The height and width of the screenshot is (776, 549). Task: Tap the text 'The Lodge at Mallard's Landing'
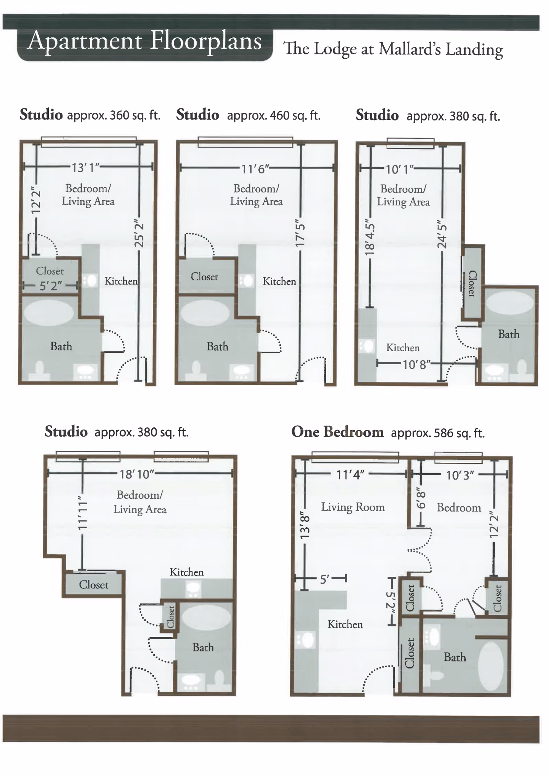pos(393,49)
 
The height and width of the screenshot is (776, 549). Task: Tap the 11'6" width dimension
pos(255,169)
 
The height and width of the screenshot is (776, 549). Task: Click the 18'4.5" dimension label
pos(369,237)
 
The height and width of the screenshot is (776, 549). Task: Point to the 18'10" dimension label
pos(137,474)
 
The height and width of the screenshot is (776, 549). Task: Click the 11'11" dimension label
pos(82,513)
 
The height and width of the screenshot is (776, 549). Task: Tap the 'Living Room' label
pos(353,507)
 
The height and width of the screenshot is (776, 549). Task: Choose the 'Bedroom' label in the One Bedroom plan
pos(459,507)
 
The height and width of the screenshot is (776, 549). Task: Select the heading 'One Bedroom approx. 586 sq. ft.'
pos(388,432)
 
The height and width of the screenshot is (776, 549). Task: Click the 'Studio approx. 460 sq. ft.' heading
pos(248,115)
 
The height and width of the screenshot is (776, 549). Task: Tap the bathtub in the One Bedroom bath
pos(491,666)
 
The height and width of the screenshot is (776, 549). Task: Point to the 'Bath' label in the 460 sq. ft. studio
pos(218,346)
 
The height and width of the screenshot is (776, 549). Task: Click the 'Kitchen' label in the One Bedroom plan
pos(345,624)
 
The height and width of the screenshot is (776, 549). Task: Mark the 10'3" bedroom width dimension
pos(460,475)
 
